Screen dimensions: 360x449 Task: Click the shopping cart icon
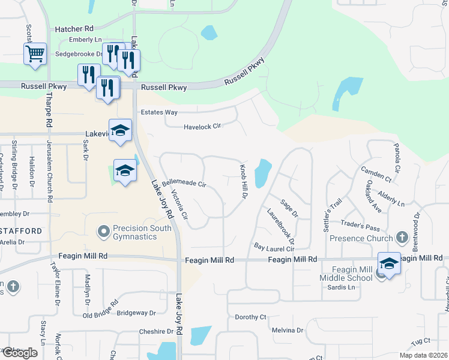(35, 54)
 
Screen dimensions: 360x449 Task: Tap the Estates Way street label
(158, 112)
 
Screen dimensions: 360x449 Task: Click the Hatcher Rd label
(74, 28)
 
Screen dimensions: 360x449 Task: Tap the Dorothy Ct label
(250, 317)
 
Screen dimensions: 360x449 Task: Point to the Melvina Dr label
(288, 331)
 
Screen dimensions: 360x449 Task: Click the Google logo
(20, 353)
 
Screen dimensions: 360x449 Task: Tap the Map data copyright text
(422, 355)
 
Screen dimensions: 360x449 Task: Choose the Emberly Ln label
(85, 40)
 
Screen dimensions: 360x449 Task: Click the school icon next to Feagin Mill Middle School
(389, 264)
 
